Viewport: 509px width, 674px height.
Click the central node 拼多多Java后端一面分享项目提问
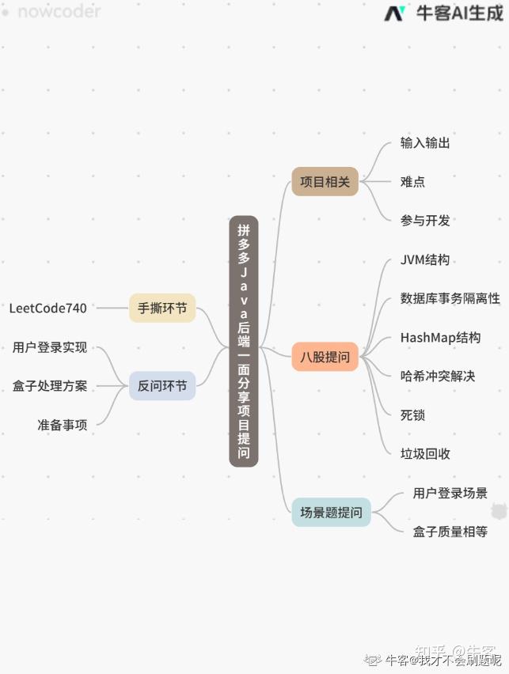pos(244,341)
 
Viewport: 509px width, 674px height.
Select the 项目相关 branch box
pos(325,182)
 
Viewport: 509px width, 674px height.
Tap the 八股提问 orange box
pos(325,357)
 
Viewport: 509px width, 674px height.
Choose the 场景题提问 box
pos(331,512)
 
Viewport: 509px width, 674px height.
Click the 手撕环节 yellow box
pos(162,308)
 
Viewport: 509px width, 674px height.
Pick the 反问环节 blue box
pos(162,386)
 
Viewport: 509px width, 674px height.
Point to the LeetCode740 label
pos(48,308)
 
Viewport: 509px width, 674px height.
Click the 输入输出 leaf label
pos(425,143)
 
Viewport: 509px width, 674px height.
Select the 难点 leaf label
pos(412,182)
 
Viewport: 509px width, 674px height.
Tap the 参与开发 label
pos(425,221)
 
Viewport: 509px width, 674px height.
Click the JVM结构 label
pos(425,260)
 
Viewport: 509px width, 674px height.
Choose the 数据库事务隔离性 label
pos(450,298)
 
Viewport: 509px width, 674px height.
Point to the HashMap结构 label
pos(440,338)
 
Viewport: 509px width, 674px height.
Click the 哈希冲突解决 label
pos(438,377)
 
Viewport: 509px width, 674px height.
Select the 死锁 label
pos(412,415)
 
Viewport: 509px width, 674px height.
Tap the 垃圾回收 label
pos(425,453)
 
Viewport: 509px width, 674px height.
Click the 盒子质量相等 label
pos(450,532)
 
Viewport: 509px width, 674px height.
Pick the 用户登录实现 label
pos(50,347)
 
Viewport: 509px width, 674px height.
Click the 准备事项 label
pos(62,425)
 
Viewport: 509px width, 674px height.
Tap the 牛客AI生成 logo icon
pos(395,13)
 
